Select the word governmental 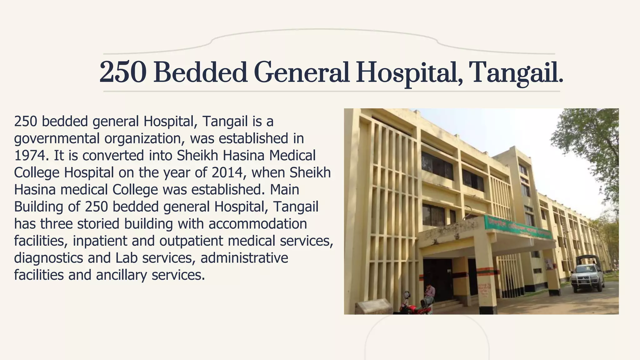click(x=57, y=139)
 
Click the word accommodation click(x=258, y=224)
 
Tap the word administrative click(x=244, y=258)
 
